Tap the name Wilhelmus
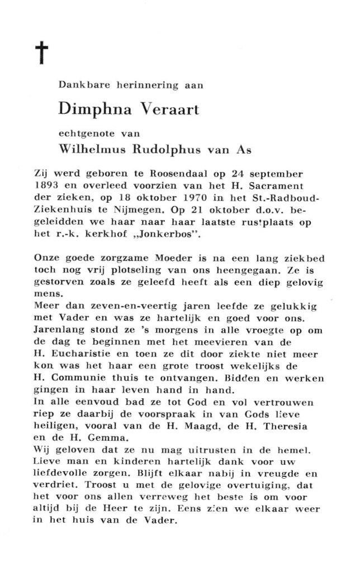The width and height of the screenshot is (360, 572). click(x=93, y=149)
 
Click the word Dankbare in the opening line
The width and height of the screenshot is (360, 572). click(x=78, y=85)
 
